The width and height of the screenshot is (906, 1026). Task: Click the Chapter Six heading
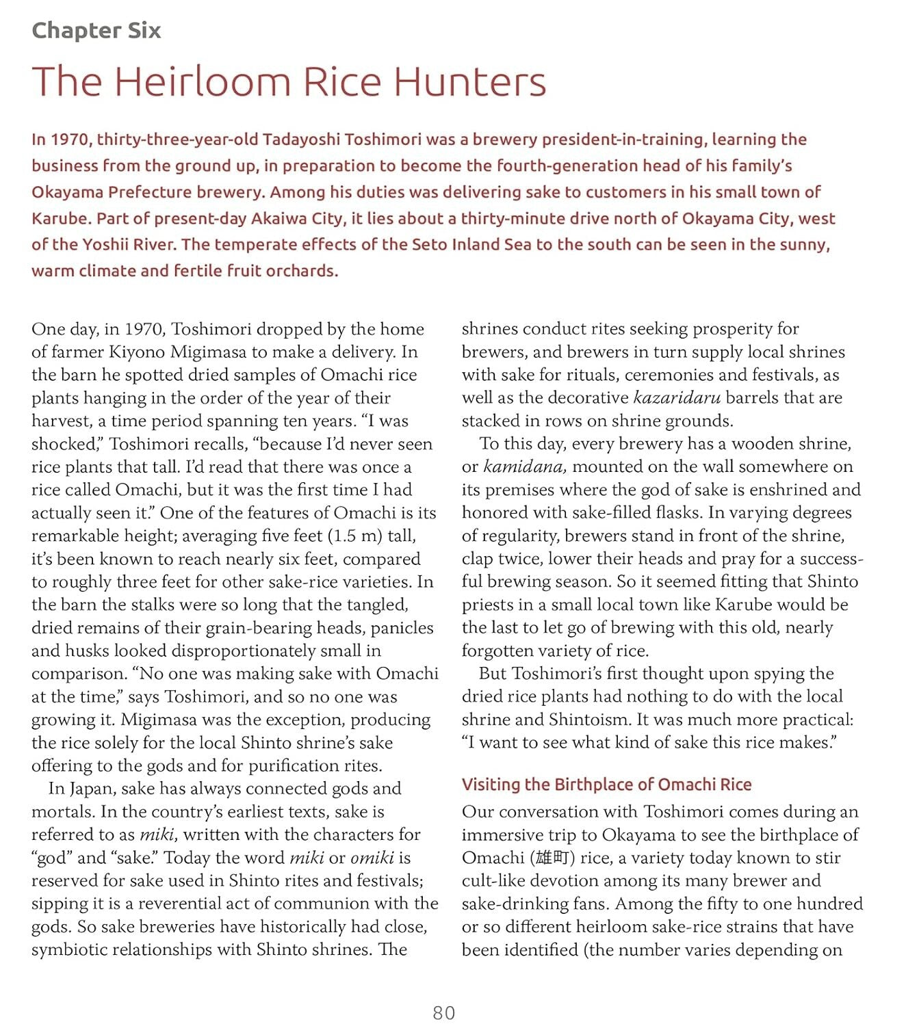tap(96, 30)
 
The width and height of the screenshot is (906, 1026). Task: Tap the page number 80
tap(444, 1013)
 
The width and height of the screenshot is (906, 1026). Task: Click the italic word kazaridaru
tap(677, 397)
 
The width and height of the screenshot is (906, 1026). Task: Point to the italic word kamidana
tap(524, 466)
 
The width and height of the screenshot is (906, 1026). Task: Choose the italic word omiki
tap(372, 857)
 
